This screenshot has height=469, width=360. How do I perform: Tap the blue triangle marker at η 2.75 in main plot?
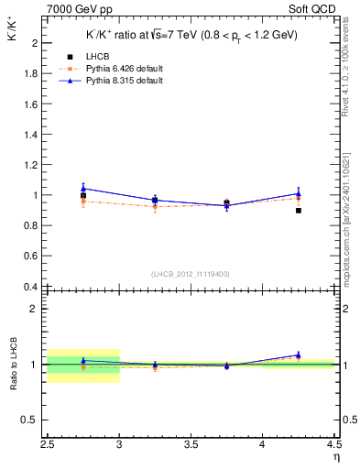(83, 188)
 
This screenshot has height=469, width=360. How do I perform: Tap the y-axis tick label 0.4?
(30, 286)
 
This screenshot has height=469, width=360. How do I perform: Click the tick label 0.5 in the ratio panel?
(30, 420)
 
